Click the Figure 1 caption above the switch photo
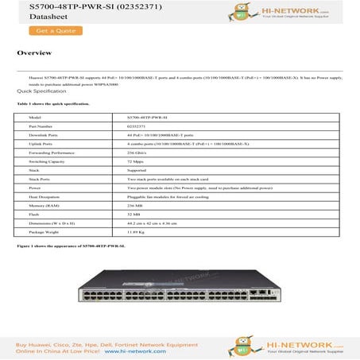[x=71, y=247]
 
